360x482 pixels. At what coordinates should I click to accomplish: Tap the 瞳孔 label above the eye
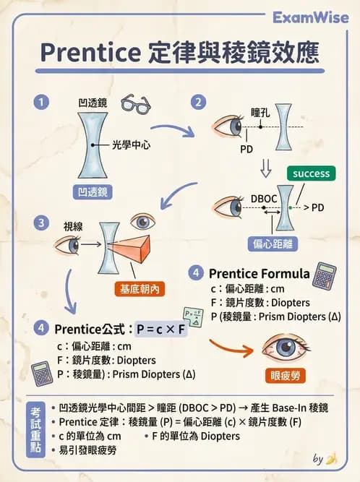[x=261, y=114]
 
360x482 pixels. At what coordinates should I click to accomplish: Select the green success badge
[x=311, y=173]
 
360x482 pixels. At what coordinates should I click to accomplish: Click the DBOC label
[x=263, y=196]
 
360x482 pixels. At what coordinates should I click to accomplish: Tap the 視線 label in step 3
[x=73, y=226]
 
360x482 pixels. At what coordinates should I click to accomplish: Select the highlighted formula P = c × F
[x=161, y=330]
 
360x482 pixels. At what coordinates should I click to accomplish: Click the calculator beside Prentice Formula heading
[x=324, y=275]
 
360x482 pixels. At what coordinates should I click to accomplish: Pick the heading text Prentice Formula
[x=259, y=274]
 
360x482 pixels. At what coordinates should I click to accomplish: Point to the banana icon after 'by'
[x=331, y=458]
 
